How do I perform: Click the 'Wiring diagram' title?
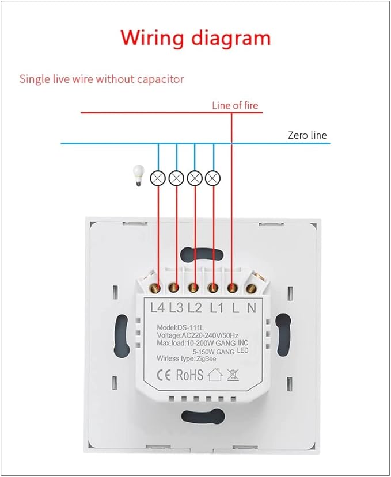point(196,39)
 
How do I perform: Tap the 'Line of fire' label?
point(235,105)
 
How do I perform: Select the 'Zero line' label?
point(308,135)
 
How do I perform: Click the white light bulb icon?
point(139,175)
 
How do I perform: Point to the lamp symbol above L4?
point(158,178)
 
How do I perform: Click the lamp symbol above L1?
point(213,178)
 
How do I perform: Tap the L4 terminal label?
point(157,308)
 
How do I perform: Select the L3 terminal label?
point(176,308)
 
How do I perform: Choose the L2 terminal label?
point(195,308)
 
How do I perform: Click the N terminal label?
point(252,308)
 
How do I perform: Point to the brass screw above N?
point(251,289)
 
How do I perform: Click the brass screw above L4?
point(155,288)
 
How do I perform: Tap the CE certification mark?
point(164,375)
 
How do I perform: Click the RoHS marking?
point(189,375)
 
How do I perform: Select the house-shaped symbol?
point(215,375)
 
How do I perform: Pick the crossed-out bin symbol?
point(233,375)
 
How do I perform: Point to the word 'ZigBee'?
point(206,359)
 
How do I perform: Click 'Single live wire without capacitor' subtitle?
point(102,79)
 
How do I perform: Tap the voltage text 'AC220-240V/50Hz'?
point(210,335)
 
